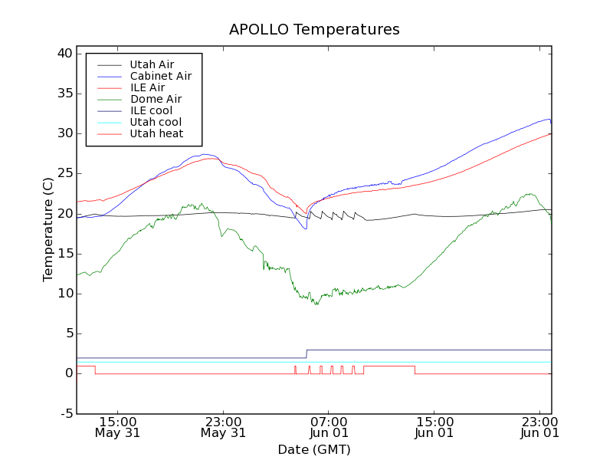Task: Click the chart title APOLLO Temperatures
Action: pyautogui.click(x=314, y=30)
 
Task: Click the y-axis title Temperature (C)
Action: pyautogui.click(x=48, y=230)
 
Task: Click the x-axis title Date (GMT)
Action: pyautogui.click(x=314, y=449)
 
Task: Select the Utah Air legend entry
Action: pyautogui.click(x=152, y=64)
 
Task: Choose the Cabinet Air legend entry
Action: pyautogui.click(x=160, y=76)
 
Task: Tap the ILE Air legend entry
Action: pyautogui.click(x=147, y=87)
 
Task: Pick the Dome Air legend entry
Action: pyautogui.click(x=156, y=99)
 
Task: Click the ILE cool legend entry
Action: pyautogui.click(x=151, y=110)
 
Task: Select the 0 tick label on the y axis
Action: pyautogui.click(x=67, y=373)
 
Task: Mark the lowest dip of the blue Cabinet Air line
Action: pyautogui.click(x=306, y=228)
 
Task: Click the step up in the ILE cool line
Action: pyautogui.click(x=306, y=353)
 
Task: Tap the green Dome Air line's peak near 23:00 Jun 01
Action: pyautogui.click(x=529, y=194)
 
